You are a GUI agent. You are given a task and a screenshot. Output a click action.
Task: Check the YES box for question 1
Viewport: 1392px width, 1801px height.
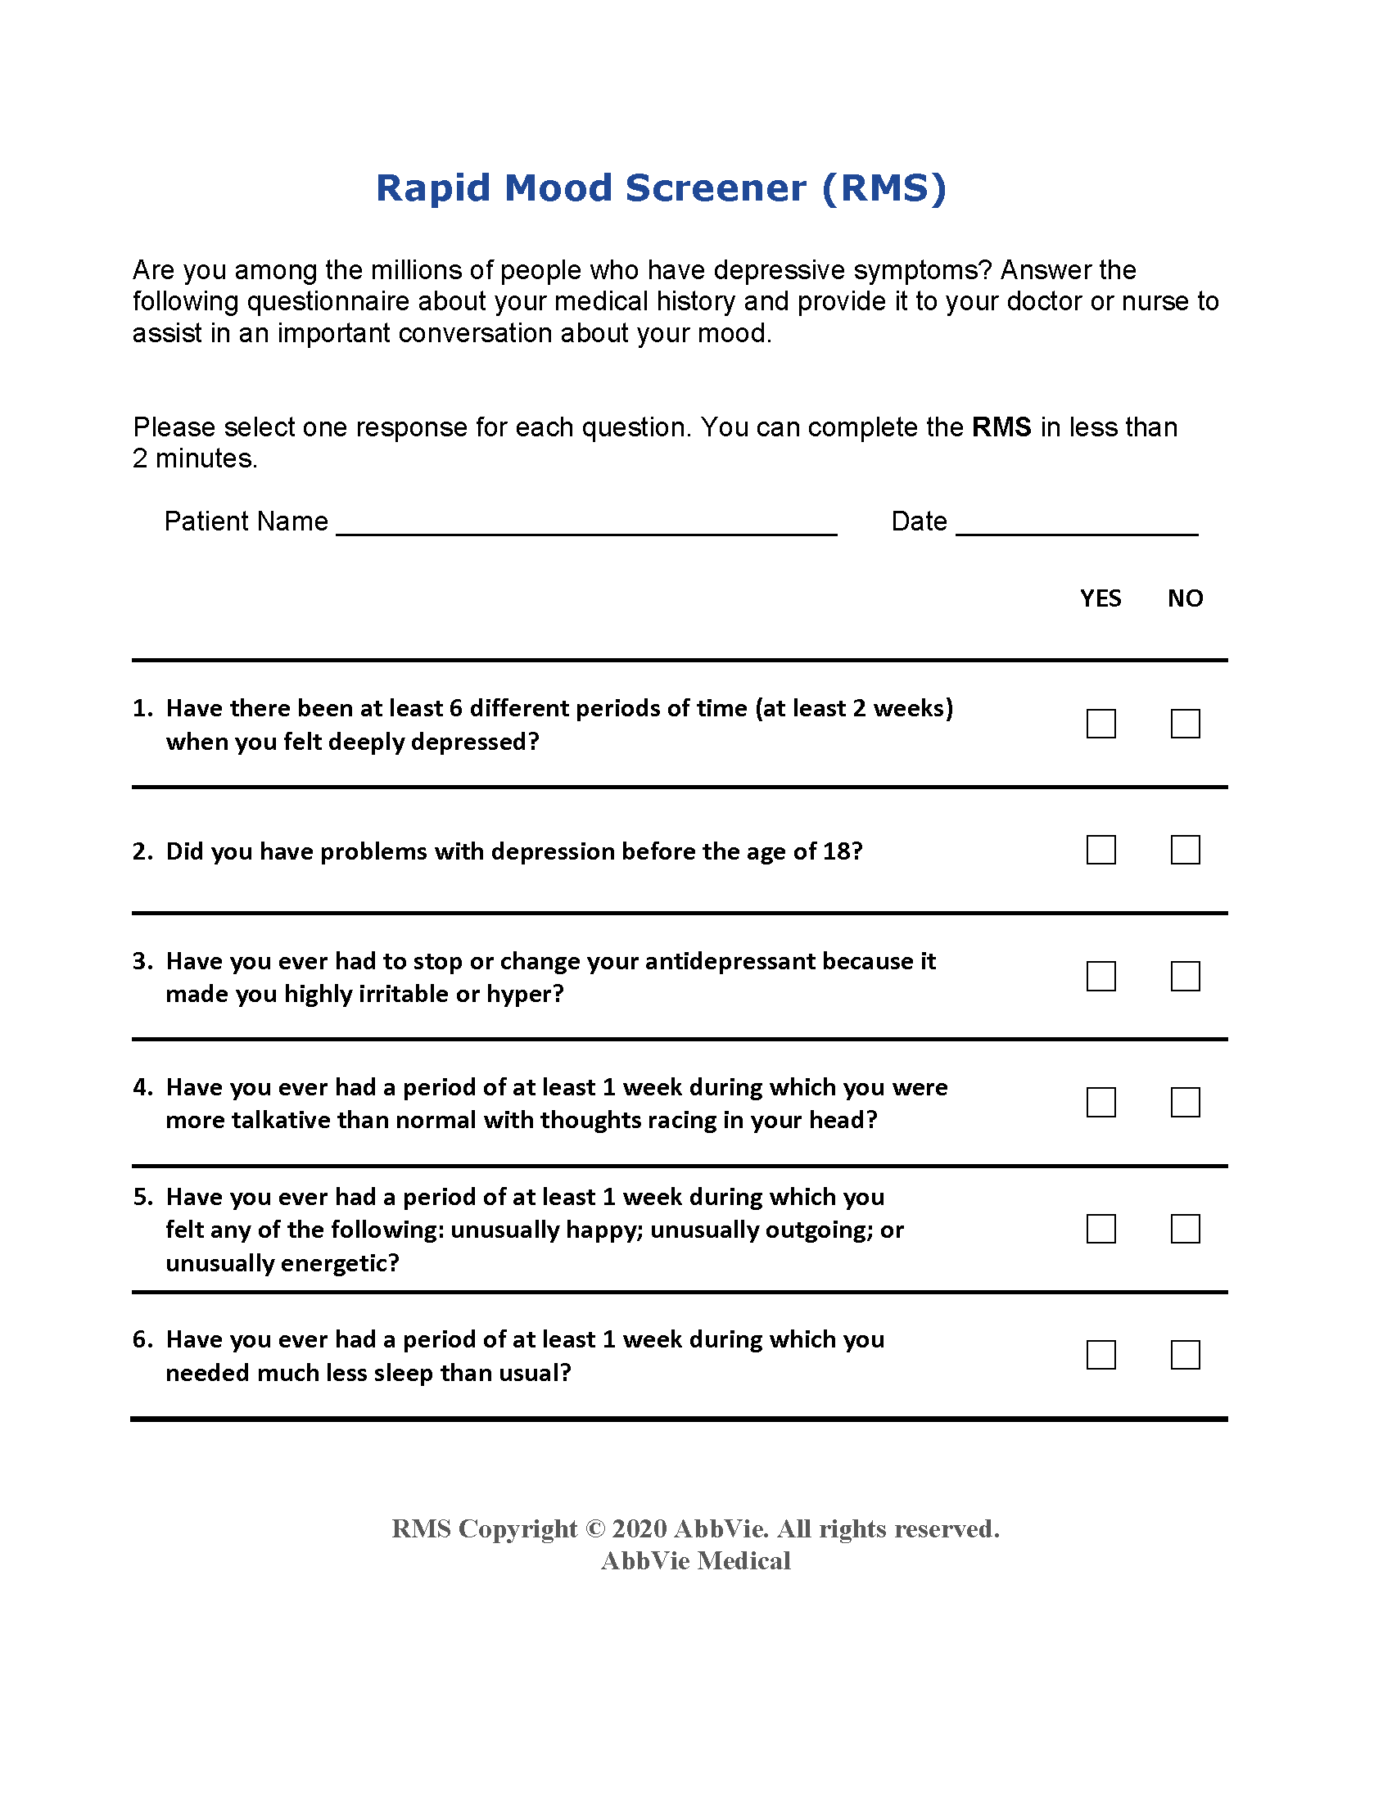(x=1100, y=723)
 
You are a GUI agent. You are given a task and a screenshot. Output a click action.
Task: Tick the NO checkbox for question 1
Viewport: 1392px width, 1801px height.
(x=1185, y=723)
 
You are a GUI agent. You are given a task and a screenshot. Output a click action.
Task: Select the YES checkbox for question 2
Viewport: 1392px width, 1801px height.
(x=1100, y=850)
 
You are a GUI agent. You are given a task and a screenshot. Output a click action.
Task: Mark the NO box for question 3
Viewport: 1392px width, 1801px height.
(x=1185, y=976)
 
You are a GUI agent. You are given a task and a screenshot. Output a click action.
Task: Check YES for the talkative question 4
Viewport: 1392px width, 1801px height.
(x=1100, y=1102)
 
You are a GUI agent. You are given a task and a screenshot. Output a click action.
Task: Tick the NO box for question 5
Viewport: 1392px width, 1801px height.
(x=1185, y=1228)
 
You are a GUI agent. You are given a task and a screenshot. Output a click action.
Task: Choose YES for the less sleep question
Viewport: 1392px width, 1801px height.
(x=1100, y=1354)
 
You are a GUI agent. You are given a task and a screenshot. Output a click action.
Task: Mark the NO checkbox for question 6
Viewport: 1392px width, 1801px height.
(x=1185, y=1354)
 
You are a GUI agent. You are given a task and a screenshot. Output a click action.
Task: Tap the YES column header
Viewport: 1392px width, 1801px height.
(x=1100, y=598)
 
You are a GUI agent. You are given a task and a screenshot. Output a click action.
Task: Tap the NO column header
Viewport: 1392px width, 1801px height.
(x=1185, y=598)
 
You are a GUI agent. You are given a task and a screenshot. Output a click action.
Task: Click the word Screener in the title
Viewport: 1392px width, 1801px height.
(x=715, y=188)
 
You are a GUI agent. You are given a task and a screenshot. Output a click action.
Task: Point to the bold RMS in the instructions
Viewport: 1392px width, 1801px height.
(x=1001, y=427)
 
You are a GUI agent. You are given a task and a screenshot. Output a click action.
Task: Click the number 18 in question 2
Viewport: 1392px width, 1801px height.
(x=837, y=851)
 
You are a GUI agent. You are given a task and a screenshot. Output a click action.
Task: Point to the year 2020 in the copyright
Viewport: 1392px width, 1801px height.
(x=640, y=1528)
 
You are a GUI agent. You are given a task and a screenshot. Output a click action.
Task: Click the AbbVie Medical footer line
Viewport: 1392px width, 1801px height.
(x=695, y=1560)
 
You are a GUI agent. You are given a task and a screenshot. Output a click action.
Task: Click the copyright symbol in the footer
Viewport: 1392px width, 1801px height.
(x=594, y=1528)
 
